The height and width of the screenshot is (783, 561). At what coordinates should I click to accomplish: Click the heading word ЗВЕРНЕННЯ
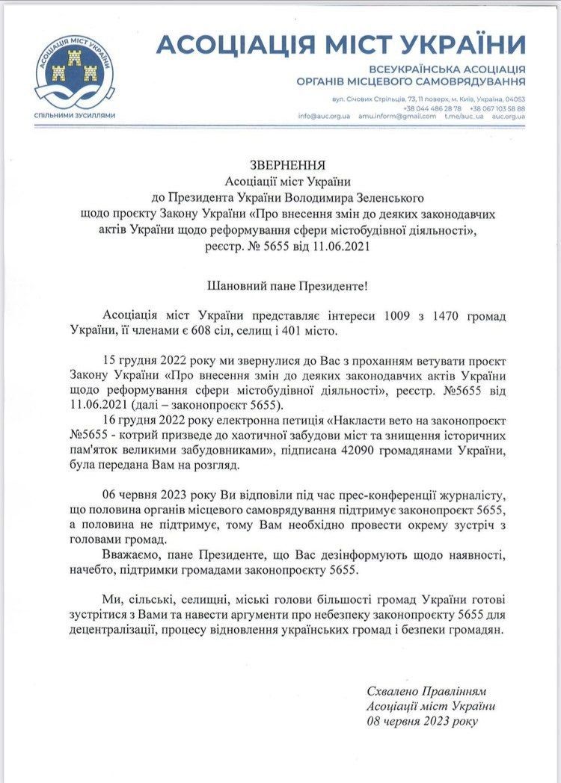[x=280, y=165]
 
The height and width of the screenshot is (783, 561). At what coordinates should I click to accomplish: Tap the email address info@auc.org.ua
[x=324, y=117]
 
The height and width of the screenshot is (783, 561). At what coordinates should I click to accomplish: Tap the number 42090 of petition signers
[x=341, y=453]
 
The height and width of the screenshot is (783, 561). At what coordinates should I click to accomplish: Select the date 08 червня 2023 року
[x=421, y=720]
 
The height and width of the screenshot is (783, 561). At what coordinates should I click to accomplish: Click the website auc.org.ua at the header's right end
[x=509, y=117]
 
